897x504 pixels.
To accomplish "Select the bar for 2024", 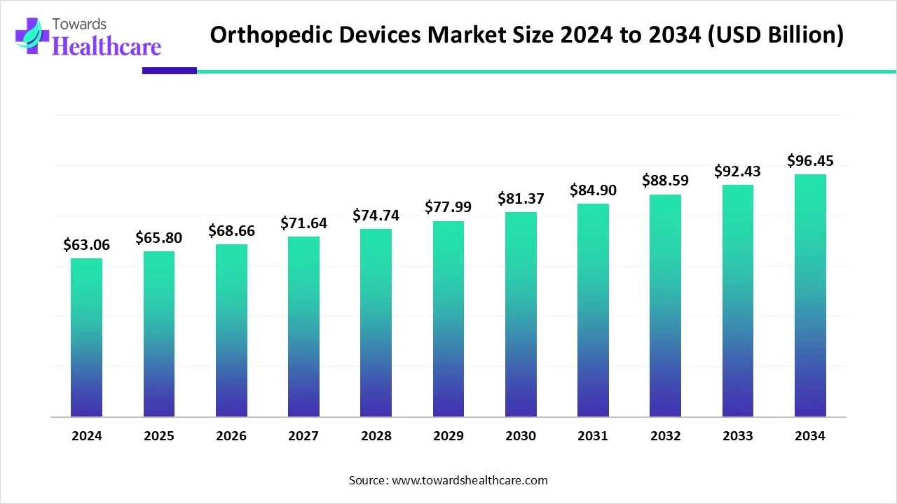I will [x=86, y=337].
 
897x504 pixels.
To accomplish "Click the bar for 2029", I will [x=448, y=319].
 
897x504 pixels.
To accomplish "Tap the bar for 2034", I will [x=810, y=295].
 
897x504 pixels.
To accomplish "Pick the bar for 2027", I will [x=303, y=327].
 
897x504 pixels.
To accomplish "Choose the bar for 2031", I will [x=593, y=310].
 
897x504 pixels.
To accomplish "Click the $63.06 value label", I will [x=86, y=244].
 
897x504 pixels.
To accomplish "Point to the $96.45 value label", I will [x=810, y=161].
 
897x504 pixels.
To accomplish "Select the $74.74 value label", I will [x=376, y=215].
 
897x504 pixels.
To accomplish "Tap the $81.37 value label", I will [x=521, y=198].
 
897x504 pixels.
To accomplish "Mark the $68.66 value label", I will [x=231, y=230].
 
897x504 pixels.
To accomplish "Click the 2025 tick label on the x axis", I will [x=159, y=436].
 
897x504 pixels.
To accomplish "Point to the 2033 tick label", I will [x=738, y=436].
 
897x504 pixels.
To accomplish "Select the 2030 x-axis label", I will [x=521, y=436].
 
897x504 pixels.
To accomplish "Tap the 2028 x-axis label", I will [x=376, y=436].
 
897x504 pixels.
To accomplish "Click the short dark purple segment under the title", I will [x=169, y=71].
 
